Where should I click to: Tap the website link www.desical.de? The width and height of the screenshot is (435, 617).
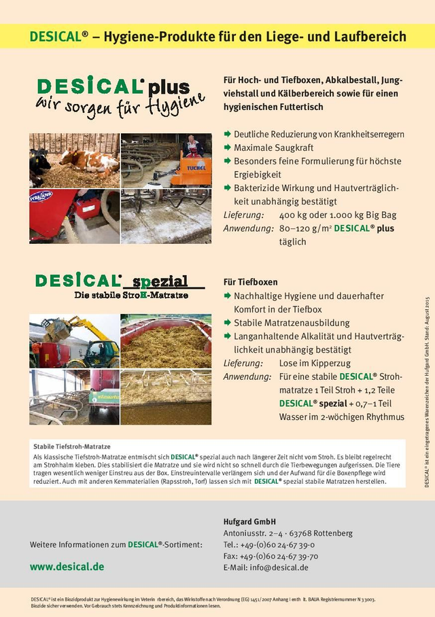[x=67, y=566]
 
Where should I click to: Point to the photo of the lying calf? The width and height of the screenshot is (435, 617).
[x=73, y=160]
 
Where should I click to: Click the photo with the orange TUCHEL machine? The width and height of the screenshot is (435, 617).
[x=166, y=160]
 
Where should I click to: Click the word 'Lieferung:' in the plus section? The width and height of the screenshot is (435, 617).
[x=243, y=215]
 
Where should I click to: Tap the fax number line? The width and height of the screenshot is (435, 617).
[x=271, y=556]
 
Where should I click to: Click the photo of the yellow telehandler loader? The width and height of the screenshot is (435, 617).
[x=73, y=340]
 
